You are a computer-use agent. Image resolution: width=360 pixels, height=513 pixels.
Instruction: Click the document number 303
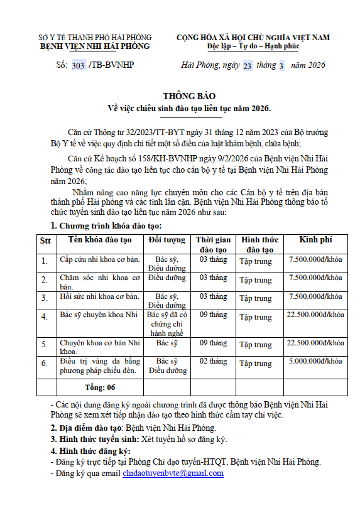[x=79, y=65]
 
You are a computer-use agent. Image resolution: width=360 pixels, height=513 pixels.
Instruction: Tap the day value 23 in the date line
[x=247, y=65]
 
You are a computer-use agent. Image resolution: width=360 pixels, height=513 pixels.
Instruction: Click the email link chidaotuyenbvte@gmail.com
[x=173, y=473]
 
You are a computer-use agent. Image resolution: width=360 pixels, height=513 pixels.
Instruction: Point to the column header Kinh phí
[x=315, y=240]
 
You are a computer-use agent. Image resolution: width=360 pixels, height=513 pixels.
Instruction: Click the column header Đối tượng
[x=167, y=240]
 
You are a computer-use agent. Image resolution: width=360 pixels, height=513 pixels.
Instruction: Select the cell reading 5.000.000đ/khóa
[x=315, y=361]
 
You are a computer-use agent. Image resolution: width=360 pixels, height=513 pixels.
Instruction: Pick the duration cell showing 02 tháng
[x=214, y=361]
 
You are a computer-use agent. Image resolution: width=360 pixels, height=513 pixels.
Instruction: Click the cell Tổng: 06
[x=100, y=387]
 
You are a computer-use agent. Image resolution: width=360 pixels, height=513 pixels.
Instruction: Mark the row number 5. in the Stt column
[x=44, y=345]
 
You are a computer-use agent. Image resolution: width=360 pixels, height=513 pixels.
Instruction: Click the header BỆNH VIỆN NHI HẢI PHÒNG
[x=95, y=46]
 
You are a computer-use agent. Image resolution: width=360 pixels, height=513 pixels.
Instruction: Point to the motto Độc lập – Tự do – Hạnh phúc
[x=253, y=46]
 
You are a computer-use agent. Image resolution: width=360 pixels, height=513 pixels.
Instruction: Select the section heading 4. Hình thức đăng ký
[x=90, y=451]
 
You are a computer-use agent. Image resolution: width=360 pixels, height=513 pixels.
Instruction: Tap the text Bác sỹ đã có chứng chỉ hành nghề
[x=167, y=324]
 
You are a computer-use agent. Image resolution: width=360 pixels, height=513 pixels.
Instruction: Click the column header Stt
[x=45, y=240]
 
